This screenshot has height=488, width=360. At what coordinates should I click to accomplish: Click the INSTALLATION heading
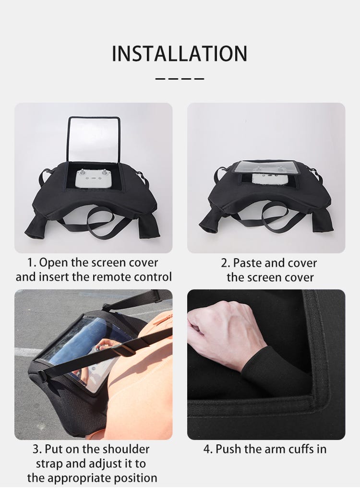(x=180, y=54)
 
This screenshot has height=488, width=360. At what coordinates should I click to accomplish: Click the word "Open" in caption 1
(x=54, y=263)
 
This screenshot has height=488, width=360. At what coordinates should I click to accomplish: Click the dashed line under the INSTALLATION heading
(x=180, y=79)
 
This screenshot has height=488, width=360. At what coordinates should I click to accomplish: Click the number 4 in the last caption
(x=207, y=449)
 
